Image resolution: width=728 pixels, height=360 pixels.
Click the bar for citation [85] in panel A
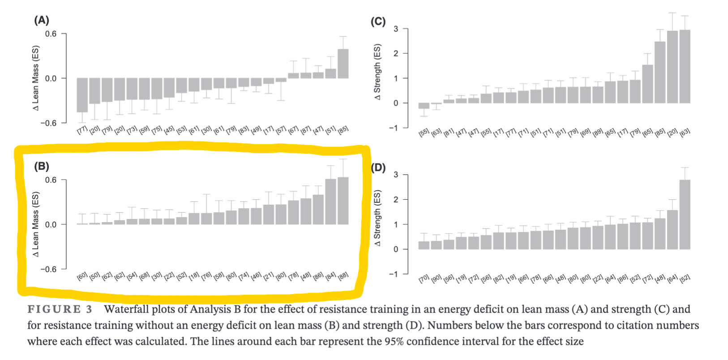tap(343, 64)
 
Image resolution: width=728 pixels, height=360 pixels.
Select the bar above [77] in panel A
tap(82, 95)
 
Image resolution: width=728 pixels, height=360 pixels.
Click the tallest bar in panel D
tap(685, 214)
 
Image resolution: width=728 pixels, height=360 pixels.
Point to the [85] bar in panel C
tap(659, 72)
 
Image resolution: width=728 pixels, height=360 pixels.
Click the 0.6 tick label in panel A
tap(51, 34)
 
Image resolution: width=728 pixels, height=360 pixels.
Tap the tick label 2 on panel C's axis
tap(396, 54)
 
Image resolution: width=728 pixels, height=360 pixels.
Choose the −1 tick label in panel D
tap(394, 274)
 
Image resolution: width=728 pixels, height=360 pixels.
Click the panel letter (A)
tap(42, 20)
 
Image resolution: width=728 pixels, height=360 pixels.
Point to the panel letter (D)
tap(378, 168)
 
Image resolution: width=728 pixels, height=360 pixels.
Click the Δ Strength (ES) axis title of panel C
tap(377, 72)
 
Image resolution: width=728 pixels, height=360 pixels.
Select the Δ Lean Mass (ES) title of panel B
tap(36, 224)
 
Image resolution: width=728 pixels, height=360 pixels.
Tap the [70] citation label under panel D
tap(424, 279)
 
